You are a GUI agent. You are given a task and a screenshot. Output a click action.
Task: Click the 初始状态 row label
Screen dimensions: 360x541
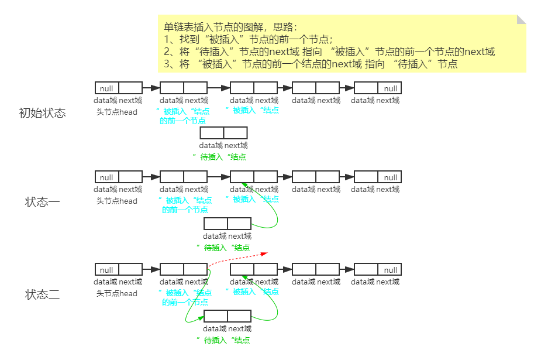(42, 113)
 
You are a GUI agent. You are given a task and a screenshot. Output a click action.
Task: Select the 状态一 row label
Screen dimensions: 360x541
(42, 203)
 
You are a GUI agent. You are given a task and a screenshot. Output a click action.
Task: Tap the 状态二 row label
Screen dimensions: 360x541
(42, 294)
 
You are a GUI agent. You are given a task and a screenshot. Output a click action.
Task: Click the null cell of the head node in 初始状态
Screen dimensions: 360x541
(106, 88)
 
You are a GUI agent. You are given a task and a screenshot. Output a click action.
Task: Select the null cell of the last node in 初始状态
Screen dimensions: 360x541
(390, 88)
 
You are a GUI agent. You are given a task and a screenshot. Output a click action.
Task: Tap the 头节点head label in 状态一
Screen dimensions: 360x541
(117, 201)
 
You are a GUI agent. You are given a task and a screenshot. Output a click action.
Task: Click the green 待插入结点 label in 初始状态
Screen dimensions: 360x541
(220, 157)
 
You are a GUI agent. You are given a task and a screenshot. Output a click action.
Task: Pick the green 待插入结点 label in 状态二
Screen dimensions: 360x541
(223, 340)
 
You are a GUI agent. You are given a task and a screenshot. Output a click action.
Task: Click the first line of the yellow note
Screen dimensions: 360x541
(230, 27)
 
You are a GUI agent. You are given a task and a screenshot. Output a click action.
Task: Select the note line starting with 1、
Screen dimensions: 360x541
(249, 39)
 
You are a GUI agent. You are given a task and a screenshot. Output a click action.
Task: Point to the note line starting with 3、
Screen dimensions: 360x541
(311, 64)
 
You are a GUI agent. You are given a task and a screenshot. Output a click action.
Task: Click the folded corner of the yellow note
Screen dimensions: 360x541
(521, 20)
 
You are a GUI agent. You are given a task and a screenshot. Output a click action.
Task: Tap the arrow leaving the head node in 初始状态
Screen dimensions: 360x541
(151, 88)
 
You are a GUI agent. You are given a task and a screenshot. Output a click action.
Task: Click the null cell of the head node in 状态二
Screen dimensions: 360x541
(106, 270)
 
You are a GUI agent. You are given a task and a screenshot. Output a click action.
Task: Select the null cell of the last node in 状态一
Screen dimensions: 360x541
(390, 177)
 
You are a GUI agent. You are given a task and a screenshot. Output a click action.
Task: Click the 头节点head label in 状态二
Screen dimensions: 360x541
(117, 293)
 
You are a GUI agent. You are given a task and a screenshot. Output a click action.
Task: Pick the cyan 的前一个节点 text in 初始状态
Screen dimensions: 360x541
(182, 121)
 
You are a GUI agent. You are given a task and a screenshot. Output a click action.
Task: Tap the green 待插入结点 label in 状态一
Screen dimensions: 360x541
(223, 248)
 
